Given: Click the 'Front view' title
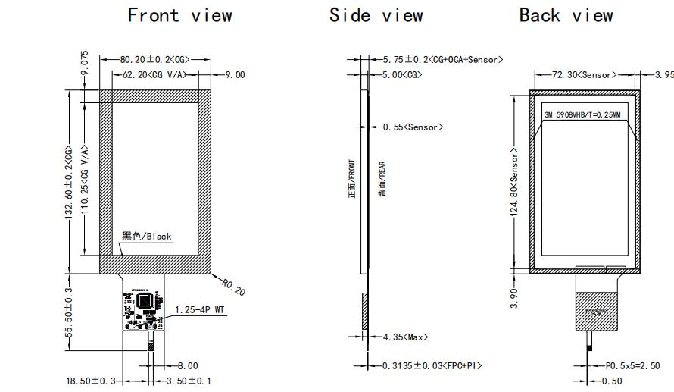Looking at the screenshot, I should [x=179, y=15].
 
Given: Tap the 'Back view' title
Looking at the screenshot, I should [x=566, y=15].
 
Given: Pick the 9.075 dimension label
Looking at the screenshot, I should [x=85, y=63].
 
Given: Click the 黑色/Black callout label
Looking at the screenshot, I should [x=147, y=236].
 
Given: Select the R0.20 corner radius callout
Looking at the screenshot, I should [x=232, y=287].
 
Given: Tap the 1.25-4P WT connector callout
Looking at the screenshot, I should [x=201, y=309].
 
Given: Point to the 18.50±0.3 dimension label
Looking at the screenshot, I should [x=89, y=379].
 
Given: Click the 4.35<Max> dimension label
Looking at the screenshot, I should [x=405, y=337].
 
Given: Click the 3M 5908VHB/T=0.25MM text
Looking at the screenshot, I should [x=582, y=115].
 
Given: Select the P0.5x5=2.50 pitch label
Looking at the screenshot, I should [x=632, y=365].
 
